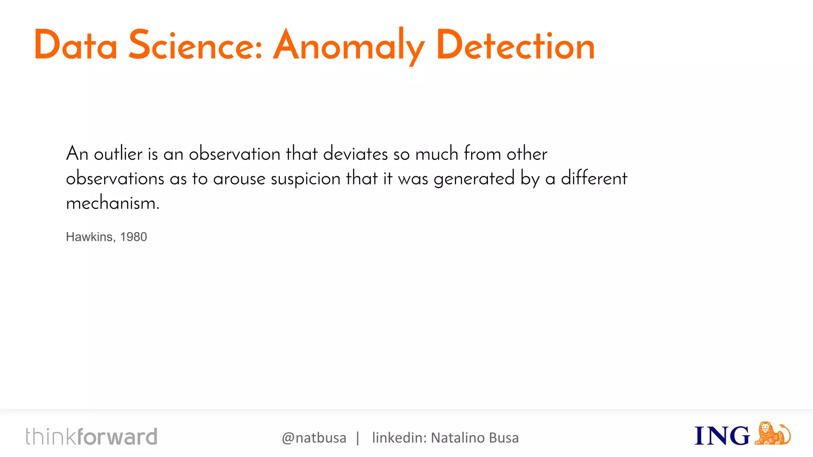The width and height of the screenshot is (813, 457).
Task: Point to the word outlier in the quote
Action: pyautogui.click(x=118, y=154)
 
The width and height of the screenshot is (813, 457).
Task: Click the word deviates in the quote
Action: pyautogui.click(x=355, y=154)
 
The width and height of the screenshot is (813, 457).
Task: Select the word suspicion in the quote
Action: pyautogui.click(x=305, y=179)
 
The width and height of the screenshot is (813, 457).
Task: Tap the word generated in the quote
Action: pyautogui.click(x=474, y=179)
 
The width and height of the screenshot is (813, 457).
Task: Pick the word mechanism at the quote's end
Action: pyautogui.click(x=112, y=203)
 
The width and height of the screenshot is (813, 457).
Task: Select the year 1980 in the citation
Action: pyautogui.click(x=133, y=237)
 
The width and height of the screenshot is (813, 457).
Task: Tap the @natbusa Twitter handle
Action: pyautogui.click(x=314, y=438)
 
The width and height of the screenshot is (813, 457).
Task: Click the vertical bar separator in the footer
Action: pyautogui.click(x=358, y=438)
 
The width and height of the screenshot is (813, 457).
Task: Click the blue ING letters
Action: pyautogui.click(x=722, y=436)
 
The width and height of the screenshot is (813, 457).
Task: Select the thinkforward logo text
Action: pyautogui.click(x=92, y=436)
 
